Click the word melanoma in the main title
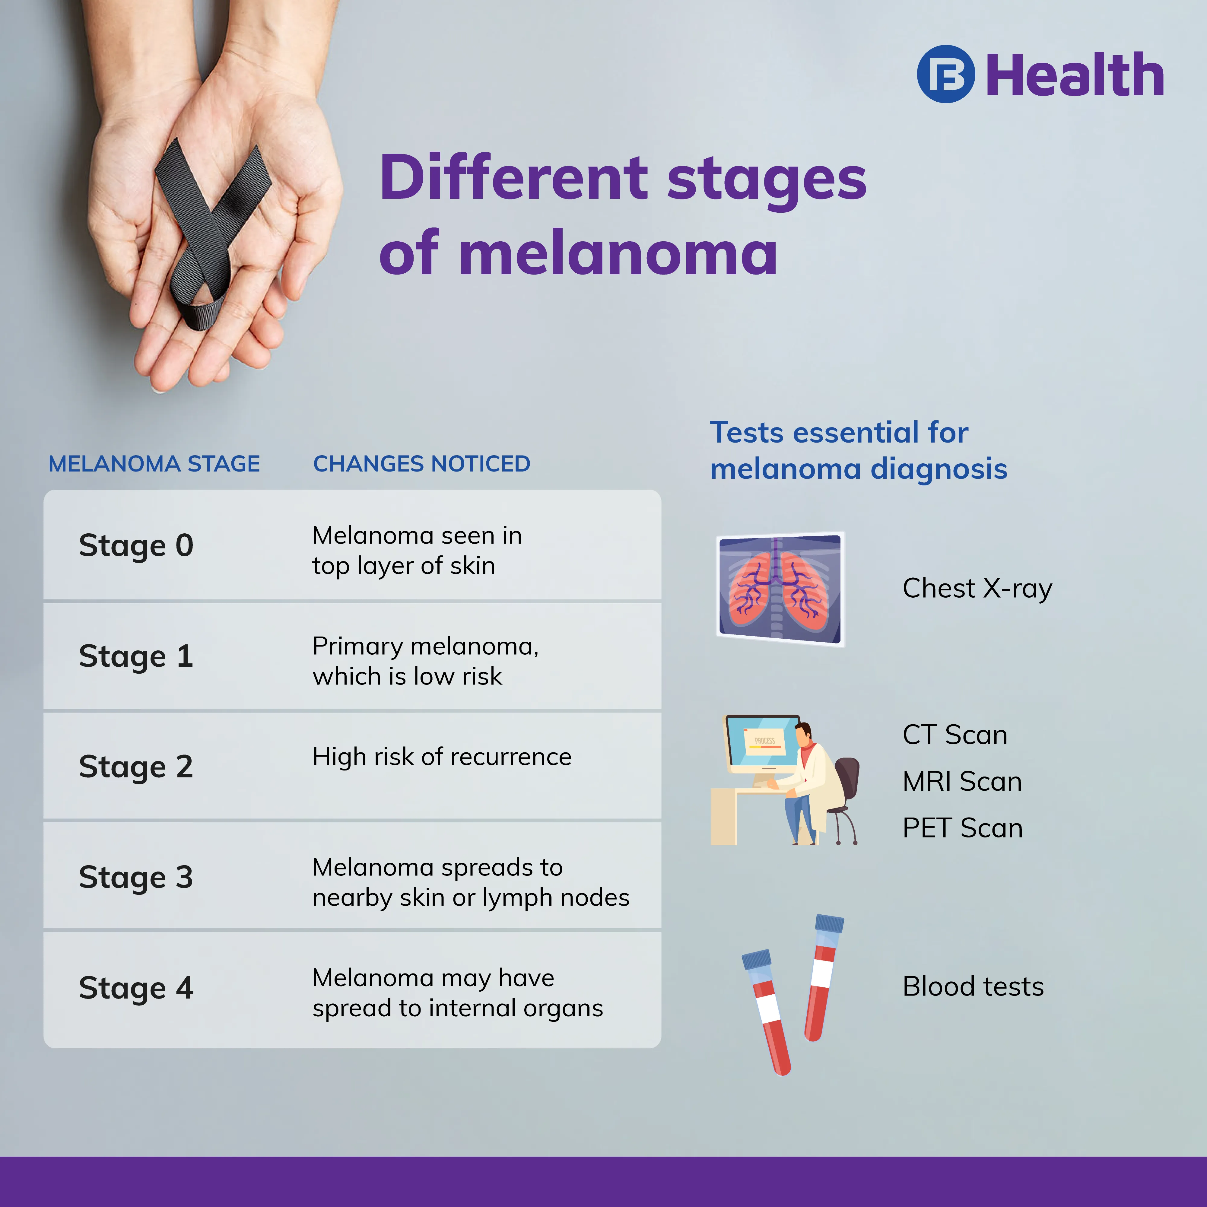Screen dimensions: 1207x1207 618,253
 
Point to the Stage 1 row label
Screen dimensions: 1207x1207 136,657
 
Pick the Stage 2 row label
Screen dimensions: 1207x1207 136,767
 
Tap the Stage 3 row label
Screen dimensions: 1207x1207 136,878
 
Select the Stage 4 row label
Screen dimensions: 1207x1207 136,988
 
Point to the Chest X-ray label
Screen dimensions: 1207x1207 977,589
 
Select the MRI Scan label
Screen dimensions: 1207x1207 962,782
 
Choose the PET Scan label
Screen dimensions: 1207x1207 963,828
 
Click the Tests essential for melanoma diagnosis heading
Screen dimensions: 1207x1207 858,450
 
